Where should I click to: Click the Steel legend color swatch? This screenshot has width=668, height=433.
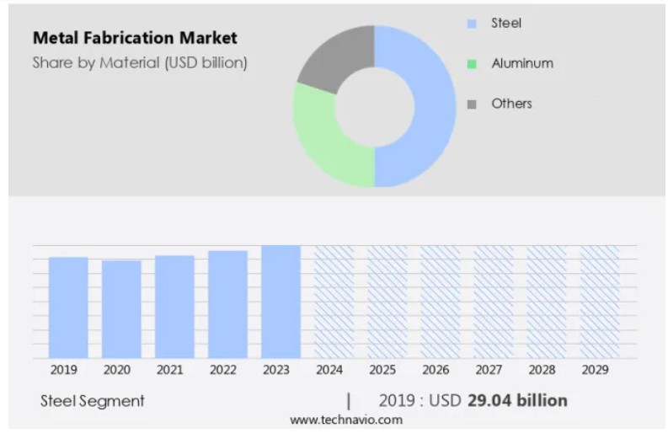coord(472,24)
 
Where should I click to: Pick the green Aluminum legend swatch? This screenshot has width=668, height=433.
coord(472,64)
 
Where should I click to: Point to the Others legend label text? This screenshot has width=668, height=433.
coord(511,104)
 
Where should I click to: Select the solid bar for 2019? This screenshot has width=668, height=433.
coord(68,307)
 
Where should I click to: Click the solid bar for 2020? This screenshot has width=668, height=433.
coord(121,309)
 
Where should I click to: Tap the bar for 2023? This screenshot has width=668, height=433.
coord(281,302)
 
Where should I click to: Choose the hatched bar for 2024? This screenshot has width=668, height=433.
coord(334,302)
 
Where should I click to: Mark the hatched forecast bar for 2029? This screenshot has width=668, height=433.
coord(600,302)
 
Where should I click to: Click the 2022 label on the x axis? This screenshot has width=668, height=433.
coord(223,370)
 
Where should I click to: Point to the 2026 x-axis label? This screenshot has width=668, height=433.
coord(436,370)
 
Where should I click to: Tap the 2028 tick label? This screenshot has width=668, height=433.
coord(542,370)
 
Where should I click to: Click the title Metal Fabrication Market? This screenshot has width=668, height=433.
coord(135,38)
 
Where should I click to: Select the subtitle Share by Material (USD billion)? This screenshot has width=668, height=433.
coord(140,62)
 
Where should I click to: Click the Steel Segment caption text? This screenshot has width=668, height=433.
coord(93,401)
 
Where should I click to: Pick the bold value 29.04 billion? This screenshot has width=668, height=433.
coord(517,401)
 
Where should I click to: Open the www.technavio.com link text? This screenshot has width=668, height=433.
coord(346,420)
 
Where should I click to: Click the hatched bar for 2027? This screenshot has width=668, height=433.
coord(494,302)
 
